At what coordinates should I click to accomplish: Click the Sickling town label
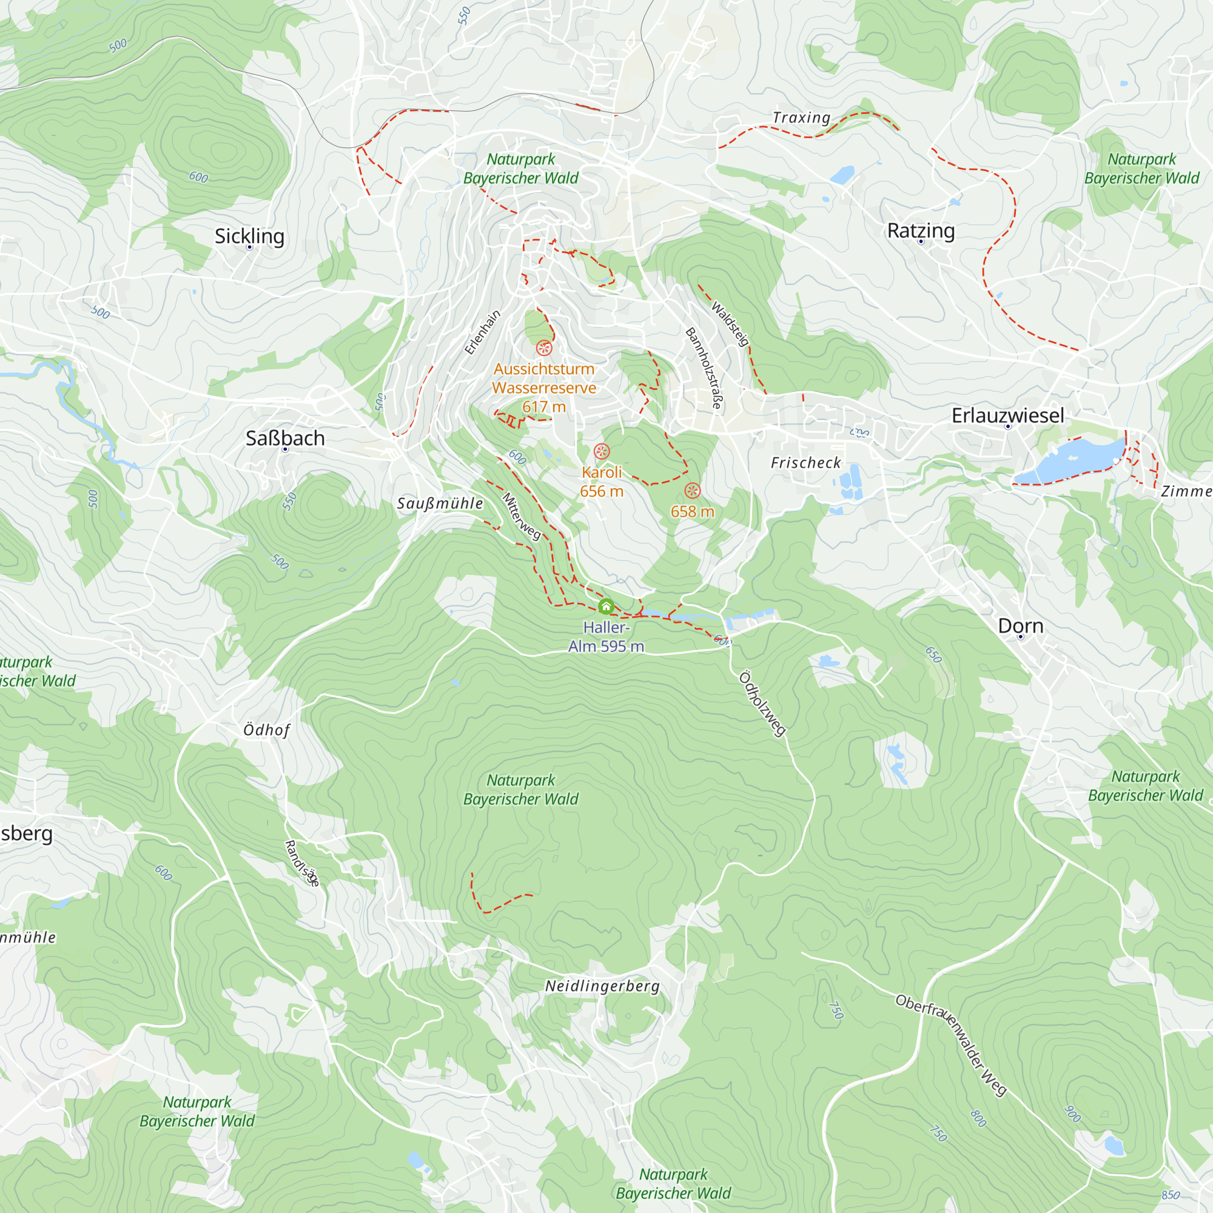coord(249,236)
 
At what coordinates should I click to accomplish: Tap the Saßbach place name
coord(285,438)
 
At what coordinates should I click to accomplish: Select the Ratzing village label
coord(921,230)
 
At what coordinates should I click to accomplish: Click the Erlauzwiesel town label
coord(1007,415)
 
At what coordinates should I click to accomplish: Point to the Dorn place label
coord(1020,625)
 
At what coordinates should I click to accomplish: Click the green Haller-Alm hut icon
coord(606,606)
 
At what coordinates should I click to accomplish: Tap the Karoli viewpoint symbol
coord(602,451)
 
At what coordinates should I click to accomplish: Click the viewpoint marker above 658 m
coord(692,490)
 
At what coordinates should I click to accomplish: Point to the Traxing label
coord(801,118)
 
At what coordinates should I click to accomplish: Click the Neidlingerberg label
coord(602,986)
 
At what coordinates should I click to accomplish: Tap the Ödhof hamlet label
coord(267,730)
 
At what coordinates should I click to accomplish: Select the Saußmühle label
coord(440,503)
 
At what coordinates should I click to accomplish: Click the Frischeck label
coord(805,463)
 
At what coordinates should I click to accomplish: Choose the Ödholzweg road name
coord(762,703)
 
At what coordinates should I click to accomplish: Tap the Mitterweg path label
coord(521,516)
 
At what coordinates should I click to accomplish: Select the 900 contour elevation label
coord(1073,1114)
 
